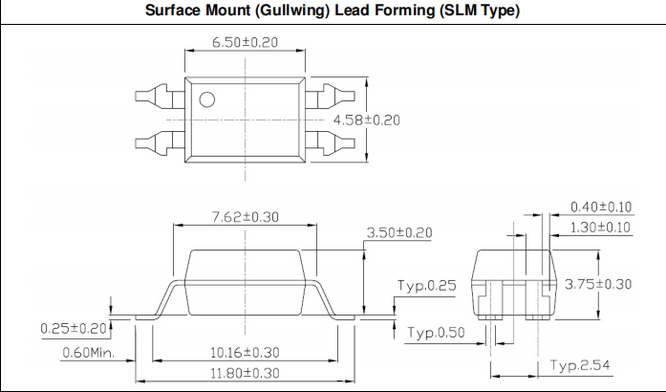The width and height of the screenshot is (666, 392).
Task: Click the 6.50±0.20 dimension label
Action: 246,43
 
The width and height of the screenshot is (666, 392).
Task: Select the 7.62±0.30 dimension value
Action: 245,217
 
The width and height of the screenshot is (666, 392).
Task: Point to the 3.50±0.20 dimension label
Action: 399,232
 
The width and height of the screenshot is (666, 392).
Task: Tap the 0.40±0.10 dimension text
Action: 601,207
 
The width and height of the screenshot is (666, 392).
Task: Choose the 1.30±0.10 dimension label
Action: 601,227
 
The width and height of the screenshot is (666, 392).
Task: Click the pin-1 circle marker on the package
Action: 206,98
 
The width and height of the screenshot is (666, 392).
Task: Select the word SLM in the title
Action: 453,12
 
